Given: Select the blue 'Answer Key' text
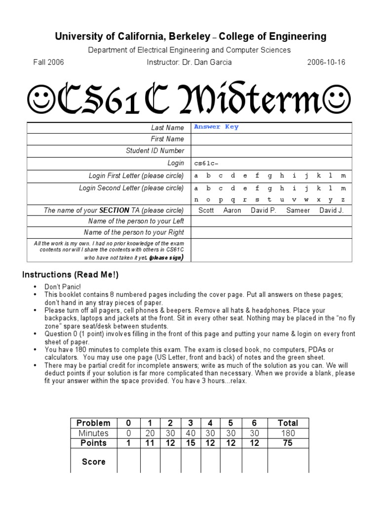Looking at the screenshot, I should [216, 127].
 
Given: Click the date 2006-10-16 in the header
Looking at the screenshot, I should [327, 62].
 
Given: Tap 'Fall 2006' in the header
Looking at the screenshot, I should [48, 62].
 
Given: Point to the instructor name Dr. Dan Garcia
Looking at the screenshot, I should [189, 62].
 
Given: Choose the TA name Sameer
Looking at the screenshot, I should [298, 211].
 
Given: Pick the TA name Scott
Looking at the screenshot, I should [206, 211].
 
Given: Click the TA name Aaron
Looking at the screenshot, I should [232, 211].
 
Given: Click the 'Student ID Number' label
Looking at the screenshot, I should [155, 151].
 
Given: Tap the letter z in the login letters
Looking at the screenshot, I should [343, 200].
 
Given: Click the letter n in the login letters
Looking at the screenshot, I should [196, 200].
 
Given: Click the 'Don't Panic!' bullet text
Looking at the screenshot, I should [63, 287].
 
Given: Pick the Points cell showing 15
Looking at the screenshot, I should [190, 443].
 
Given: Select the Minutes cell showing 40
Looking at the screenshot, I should [190, 433].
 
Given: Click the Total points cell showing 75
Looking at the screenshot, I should [288, 443].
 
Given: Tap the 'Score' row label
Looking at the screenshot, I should [93, 462].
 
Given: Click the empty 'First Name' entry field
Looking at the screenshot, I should [271, 140].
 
